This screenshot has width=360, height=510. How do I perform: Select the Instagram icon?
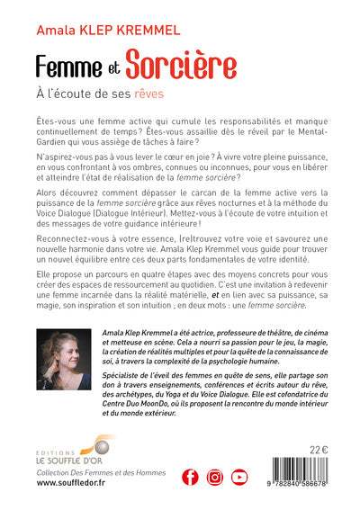214,477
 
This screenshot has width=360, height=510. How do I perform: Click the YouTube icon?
239,477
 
